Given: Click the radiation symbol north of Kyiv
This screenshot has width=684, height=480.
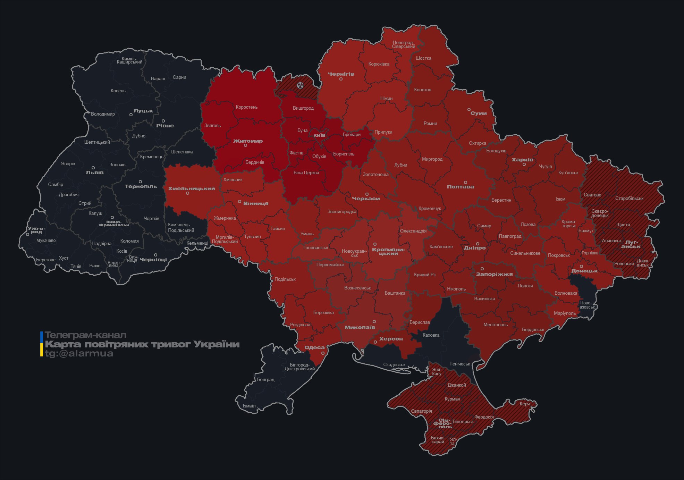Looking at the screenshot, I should (x=300, y=85).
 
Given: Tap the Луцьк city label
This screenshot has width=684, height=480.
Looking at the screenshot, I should (x=143, y=111).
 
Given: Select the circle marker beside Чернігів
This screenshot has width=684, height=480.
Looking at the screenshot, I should (x=341, y=79).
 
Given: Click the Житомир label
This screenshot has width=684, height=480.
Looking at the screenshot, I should (x=248, y=141).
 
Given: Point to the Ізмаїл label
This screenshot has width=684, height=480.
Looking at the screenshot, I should (x=249, y=406).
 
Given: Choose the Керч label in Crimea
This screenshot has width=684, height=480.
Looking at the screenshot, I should (x=525, y=404).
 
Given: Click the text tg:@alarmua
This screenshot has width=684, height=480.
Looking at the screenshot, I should (x=79, y=353).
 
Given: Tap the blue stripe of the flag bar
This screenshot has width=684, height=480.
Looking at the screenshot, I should (x=42, y=336).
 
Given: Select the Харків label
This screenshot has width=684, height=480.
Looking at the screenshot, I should (x=522, y=160).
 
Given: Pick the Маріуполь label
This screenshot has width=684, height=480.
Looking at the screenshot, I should (x=565, y=313).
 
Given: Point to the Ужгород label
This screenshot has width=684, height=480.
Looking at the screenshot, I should (x=36, y=230).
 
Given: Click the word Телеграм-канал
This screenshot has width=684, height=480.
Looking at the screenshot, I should (x=85, y=335).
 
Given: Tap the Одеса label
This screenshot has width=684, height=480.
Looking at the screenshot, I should (x=314, y=347).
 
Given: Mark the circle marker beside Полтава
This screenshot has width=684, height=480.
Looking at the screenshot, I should (x=465, y=182).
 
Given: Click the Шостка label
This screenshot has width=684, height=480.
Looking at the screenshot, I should (x=423, y=58).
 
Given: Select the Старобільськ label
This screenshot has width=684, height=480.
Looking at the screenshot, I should (x=629, y=198).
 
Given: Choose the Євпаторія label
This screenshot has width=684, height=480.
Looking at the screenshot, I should (x=422, y=411).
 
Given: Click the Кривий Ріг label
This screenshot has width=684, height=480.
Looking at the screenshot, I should (x=425, y=275).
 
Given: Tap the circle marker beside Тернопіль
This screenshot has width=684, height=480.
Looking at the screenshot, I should (x=140, y=182).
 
